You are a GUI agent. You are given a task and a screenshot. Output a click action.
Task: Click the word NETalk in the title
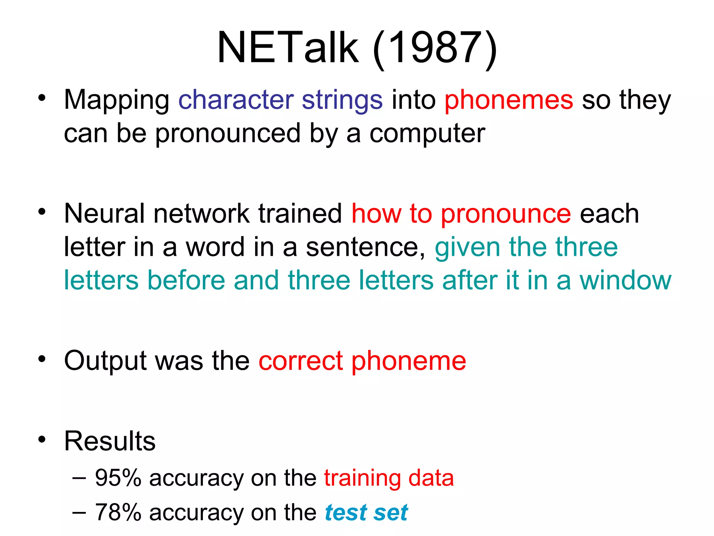coord(288,47)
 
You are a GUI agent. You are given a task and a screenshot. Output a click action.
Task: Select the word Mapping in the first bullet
coord(116,100)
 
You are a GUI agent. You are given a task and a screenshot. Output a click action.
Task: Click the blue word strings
coord(342,100)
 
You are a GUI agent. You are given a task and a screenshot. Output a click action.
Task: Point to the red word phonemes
coord(509,100)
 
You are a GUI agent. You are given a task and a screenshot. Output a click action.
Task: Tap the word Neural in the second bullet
coord(104,214)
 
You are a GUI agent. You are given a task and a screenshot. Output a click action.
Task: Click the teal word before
coord(186,281)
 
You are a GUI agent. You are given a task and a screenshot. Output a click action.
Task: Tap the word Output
coord(105,361)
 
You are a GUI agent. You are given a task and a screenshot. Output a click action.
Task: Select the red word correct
coord(301,361)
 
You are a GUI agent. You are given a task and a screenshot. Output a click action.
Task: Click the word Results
coord(110,441)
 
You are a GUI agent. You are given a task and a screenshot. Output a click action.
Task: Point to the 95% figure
coord(118,478)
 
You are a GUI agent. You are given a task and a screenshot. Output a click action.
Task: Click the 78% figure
coord(118,512)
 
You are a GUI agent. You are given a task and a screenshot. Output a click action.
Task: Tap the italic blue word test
coord(346,512)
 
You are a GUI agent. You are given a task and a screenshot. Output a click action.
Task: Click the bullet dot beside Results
coord(42,439)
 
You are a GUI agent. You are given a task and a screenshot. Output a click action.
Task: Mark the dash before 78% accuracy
coord(79,512)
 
